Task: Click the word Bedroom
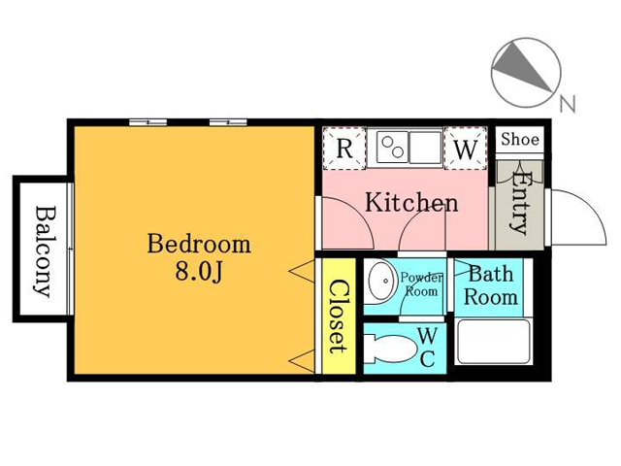click(199, 245)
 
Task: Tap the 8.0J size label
click(199, 272)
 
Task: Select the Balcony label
click(43, 251)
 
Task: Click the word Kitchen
click(411, 203)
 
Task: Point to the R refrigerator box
click(344, 149)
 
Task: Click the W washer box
click(466, 149)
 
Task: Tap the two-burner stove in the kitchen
click(392, 148)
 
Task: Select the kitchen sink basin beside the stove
click(425, 148)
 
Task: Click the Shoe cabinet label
click(520, 139)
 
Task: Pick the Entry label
click(519, 203)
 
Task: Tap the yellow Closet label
click(339, 316)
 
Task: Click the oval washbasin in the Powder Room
click(381, 281)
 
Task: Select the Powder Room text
click(421, 284)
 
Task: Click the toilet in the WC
click(390, 349)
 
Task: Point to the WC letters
click(428, 348)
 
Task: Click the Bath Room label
click(491, 285)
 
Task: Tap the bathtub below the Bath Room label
click(494, 342)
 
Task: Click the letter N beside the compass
click(567, 104)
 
